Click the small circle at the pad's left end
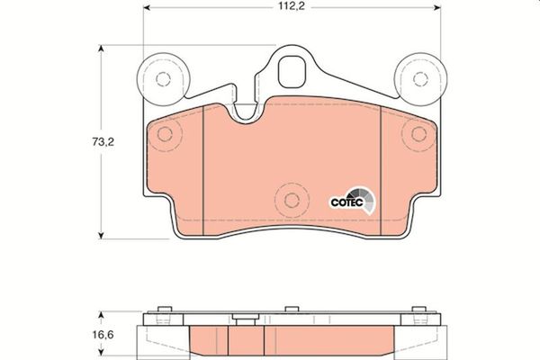pos(165,135)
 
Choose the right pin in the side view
pos(418,310)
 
